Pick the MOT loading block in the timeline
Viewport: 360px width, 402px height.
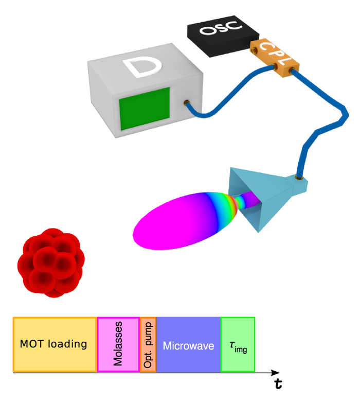point(54,344)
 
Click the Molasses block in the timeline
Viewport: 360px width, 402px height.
point(118,344)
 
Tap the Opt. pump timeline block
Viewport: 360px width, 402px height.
point(148,344)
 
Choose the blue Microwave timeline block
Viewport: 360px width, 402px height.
point(188,344)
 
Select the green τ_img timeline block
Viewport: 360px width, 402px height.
point(238,344)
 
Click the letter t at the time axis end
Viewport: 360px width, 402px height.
point(278,384)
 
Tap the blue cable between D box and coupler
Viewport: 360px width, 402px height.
point(226,103)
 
